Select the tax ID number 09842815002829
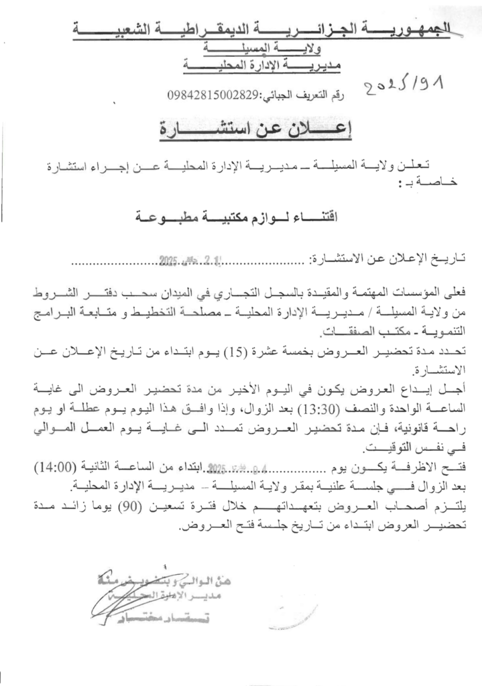(213, 95)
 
